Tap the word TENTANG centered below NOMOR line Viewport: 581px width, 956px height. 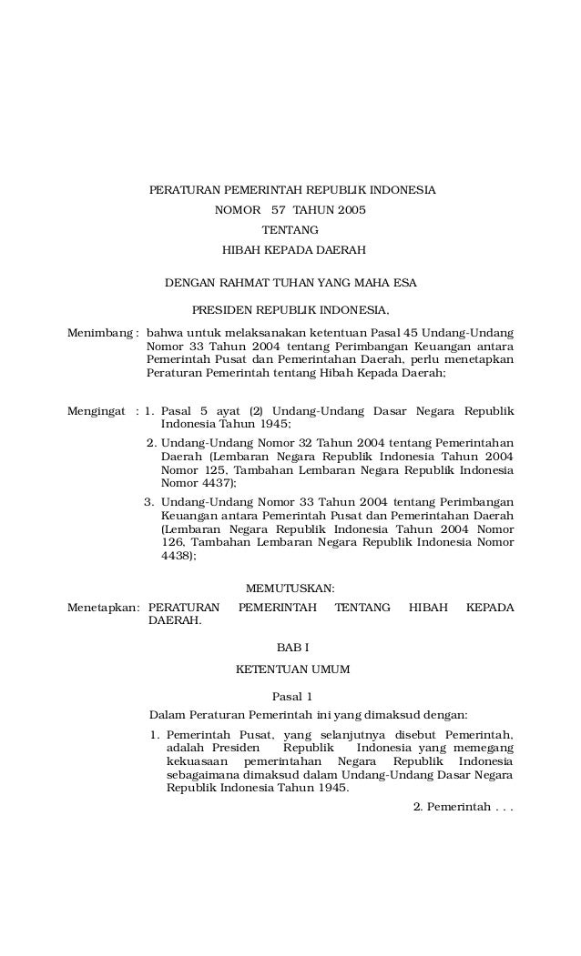pyautogui.click(x=290, y=230)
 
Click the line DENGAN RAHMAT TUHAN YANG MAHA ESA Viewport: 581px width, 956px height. pyautogui.click(x=290, y=284)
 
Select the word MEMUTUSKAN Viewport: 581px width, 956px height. pyautogui.click(x=290, y=589)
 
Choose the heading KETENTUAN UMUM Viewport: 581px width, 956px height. pyautogui.click(x=292, y=669)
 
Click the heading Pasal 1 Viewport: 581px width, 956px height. pyautogui.click(x=292, y=695)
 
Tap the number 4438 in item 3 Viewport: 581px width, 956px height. pyautogui.click(x=177, y=557)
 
